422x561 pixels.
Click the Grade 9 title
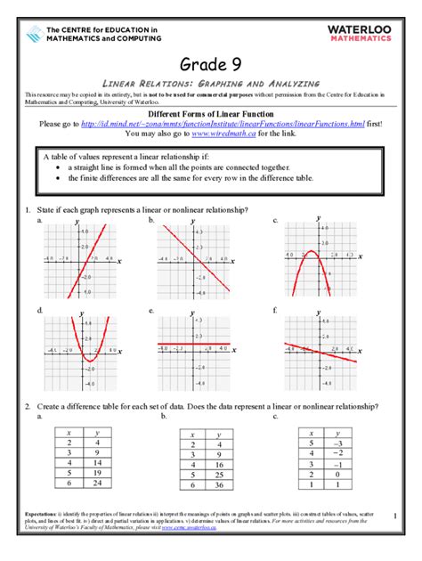(211, 63)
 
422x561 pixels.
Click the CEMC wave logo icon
(33, 35)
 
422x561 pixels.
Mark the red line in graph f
(321, 352)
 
